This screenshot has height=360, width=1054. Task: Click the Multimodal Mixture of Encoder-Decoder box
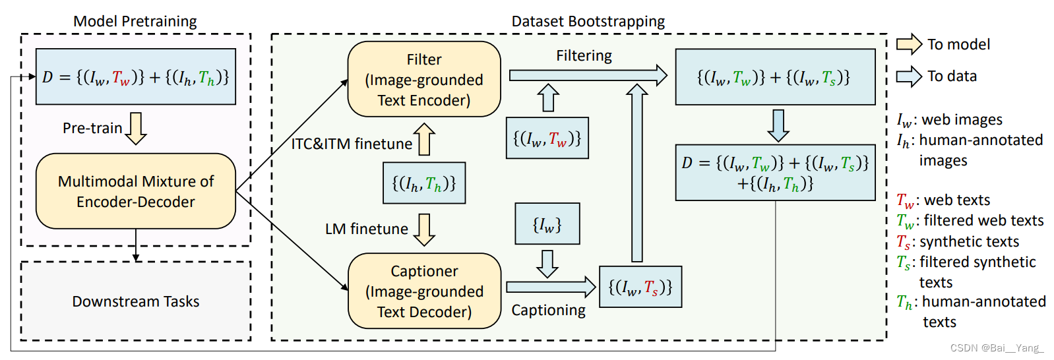pyautogui.click(x=136, y=191)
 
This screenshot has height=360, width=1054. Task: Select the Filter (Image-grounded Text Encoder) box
pyautogui.click(x=424, y=79)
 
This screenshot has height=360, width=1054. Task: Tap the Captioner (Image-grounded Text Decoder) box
pyautogui.click(x=424, y=291)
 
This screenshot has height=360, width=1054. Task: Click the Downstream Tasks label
pyautogui.click(x=136, y=301)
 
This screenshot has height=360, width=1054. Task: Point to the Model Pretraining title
pyautogui.click(x=135, y=21)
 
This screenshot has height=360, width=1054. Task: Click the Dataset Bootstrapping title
pyautogui.click(x=588, y=21)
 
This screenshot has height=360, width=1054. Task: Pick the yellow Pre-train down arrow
pyautogui.click(x=136, y=128)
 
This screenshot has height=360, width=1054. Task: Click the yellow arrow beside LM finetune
pyautogui.click(x=423, y=229)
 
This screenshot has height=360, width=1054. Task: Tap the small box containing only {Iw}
pyautogui.click(x=547, y=224)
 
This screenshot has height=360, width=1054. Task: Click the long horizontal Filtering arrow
pyautogui.click(x=588, y=75)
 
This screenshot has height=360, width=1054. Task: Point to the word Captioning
pyautogui.click(x=548, y=311)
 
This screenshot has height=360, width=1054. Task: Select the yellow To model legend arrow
pyautogui.click(x=909, y=44)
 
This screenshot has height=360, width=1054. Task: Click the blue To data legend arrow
pyautogui.click(x=909, y=76)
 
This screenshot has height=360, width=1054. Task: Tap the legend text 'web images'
pyautogui.click(x=962, y=119)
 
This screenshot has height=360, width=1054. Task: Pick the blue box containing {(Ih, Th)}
pyautogui.click(x=424, y=183)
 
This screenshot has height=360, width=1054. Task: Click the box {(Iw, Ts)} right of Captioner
pyautogui.click(x=640, y=287)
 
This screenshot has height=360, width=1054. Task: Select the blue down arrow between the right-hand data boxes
pyautogui.click(x=778, y=125)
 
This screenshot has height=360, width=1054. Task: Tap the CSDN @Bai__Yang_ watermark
pyautogui.click(x=997, y=348)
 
